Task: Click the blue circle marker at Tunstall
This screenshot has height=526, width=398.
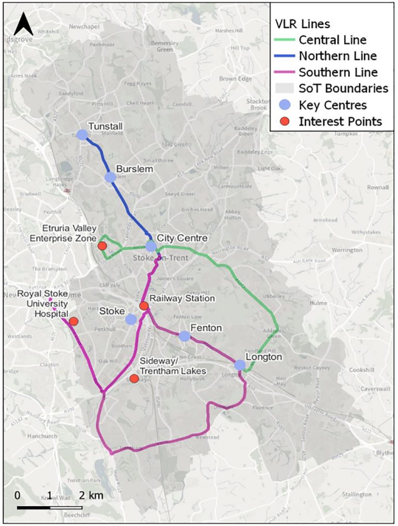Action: tap(82, 135)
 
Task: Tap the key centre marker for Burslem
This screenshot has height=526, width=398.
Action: tap(110, 177)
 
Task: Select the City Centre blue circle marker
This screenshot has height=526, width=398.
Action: tap(151, 246)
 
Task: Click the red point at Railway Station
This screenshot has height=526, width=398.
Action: tap(144, 306)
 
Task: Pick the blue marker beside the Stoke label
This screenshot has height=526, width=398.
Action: tap(131, 319)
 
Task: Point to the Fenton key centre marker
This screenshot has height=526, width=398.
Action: tap(184, 336)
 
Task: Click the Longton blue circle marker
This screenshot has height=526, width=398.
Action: tap(239, 365)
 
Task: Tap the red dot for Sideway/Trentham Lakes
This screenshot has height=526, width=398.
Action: tap(134, 378)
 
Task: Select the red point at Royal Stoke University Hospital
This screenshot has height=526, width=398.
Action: tap(73, 322)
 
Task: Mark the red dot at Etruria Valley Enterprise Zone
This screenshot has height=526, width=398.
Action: tap(103, 245)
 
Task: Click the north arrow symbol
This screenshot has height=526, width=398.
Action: tap(23, 24)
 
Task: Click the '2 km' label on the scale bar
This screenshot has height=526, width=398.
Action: tap(91, 495)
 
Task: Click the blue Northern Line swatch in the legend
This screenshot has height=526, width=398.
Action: tap(283, 56)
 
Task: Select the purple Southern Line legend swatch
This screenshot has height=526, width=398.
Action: tap(283, 72)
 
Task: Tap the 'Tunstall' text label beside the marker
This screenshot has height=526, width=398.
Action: tap(105, 126)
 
